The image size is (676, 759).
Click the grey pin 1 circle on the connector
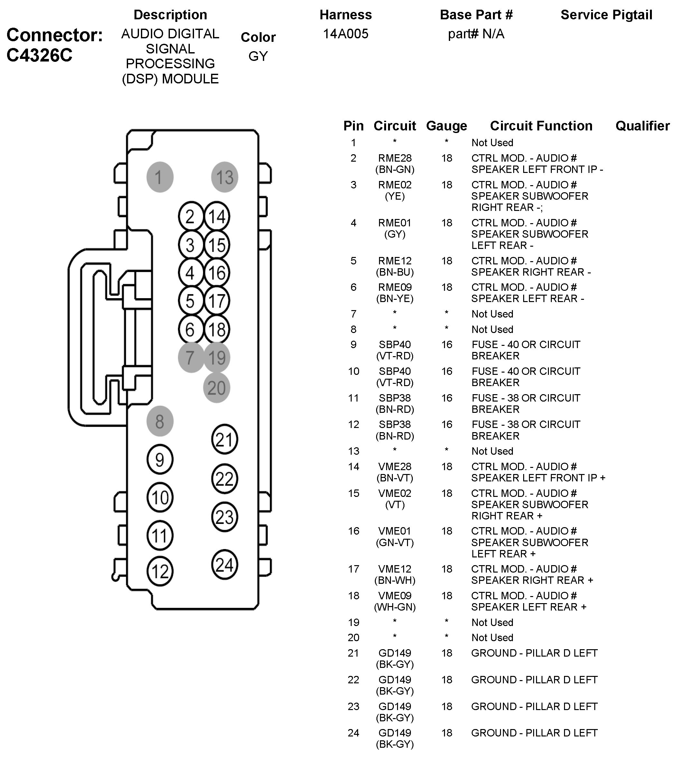tap(160, 177)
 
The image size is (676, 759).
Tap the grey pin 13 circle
tap(225, 177)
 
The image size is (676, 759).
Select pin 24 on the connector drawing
tap(224, 565)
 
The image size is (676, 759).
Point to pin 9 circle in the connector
tap(160, 460)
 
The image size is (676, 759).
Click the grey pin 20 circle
tap(217, 388)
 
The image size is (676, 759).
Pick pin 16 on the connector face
tap(217, 272)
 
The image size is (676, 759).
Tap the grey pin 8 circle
tap(160, 421)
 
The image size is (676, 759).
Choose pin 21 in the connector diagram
tap(224, 439)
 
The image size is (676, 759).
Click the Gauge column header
tap(447, 126)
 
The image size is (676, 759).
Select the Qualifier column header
tap(643, 126)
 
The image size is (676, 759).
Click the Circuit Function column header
tap(541, 126)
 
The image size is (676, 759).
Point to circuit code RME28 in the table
tap(395, 158)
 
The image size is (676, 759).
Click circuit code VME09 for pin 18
tap(395, 595)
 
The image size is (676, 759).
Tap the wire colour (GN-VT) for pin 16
tap(395, 543)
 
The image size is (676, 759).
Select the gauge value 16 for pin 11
tap(447, 398)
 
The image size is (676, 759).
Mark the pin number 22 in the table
tap(354, 680)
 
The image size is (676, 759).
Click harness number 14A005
tap(346, 34)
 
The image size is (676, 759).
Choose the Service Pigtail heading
tap(606, 15)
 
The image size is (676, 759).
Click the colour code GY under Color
tap(258, 56)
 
